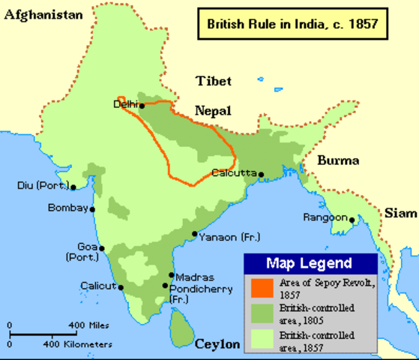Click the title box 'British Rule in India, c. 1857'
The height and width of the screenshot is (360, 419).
click(292, 24)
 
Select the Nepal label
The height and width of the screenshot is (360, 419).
click(213, 110)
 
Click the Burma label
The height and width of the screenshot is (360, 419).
click(337, 160)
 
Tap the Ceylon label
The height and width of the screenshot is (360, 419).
click(217, 344)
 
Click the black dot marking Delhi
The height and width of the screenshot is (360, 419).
click(142, 106)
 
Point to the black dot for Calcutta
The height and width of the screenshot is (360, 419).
click(262, 175)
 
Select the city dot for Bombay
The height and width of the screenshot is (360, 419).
click(94, 208)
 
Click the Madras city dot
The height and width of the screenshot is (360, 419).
click(172, 275)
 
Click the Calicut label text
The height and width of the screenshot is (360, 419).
click(98, 286)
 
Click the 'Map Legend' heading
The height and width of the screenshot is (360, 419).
click(309, 263)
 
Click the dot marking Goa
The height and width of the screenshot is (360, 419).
click(102, 248)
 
